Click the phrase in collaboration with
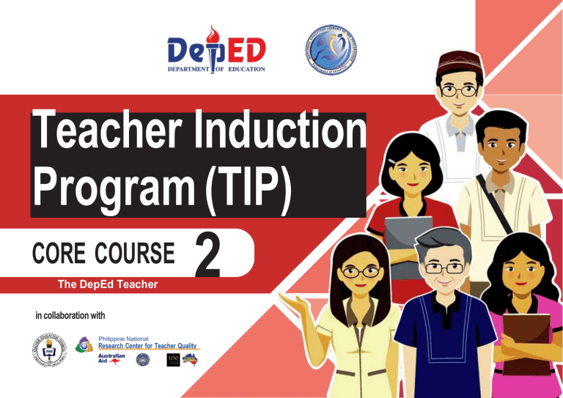(x=70, y=315)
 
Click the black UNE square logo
(x=174, y=359)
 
